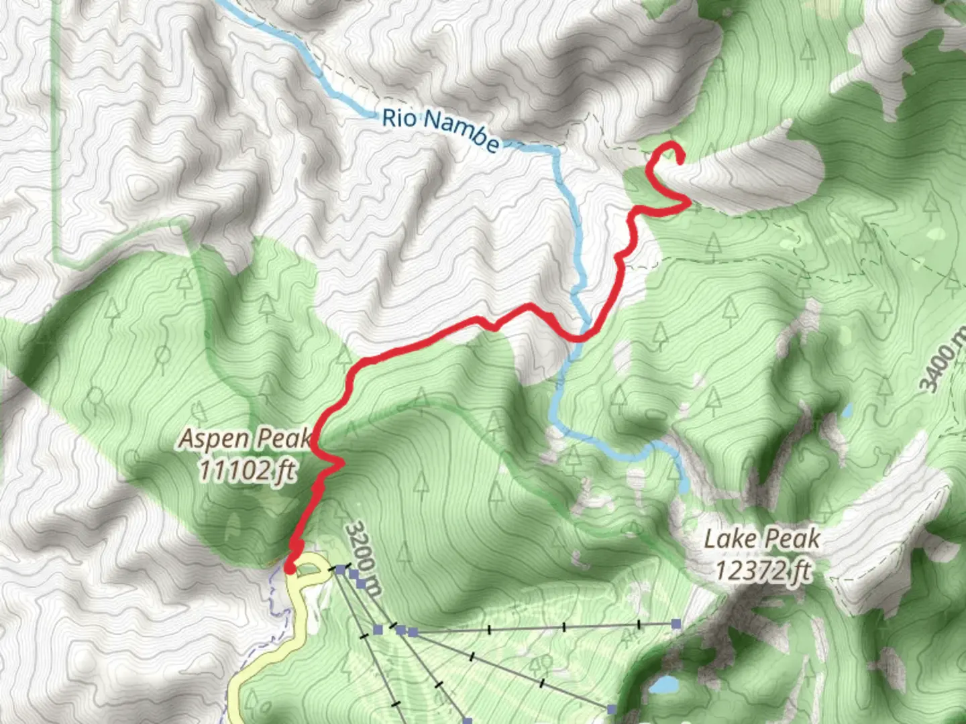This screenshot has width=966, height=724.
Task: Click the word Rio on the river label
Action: point(400,119)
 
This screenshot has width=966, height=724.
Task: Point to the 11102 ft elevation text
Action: point(246,470)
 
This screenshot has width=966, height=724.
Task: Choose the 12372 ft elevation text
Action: point(762,571)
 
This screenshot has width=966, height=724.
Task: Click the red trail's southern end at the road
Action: point(290,569)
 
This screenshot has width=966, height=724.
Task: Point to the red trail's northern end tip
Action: point(681,160)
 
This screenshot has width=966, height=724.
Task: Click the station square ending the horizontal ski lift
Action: point(676,624)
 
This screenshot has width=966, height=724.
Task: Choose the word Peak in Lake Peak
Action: point(794,538)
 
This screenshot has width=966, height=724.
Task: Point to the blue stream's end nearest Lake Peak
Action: point(683,488)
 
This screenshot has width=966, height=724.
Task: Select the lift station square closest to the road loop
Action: point(340,570)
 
